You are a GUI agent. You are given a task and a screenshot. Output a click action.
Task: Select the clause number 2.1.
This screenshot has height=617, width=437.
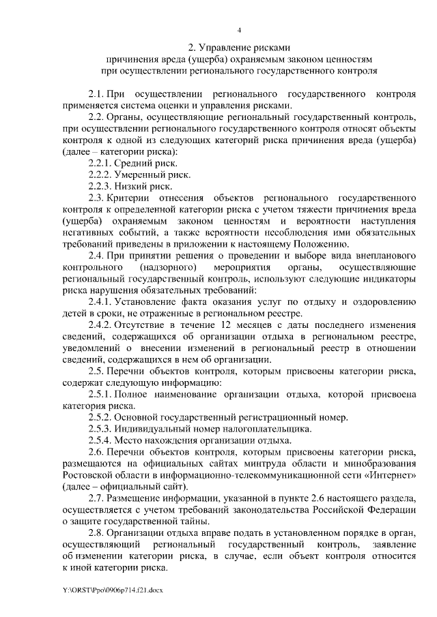pyautogui.click(x=97, y=93)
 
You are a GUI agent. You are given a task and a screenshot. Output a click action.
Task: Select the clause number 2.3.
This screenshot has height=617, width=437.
pyautogui.click(x=97, y=198)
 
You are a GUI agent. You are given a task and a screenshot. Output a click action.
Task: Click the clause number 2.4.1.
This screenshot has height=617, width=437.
pyautogui.click(x=101, y=302)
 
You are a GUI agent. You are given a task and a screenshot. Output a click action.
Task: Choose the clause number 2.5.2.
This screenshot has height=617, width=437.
pyautogui.click(x=101, y=418)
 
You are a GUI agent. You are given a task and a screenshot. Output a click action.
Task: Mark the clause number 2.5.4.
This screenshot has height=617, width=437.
pyautogui.click(x=101, y=441)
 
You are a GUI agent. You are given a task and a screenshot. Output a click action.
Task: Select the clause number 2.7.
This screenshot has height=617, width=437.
pyautogui.click(x=97, y=499)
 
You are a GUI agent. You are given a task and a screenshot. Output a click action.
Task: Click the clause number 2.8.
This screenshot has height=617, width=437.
pyautogui.click(x=97, y=534)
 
